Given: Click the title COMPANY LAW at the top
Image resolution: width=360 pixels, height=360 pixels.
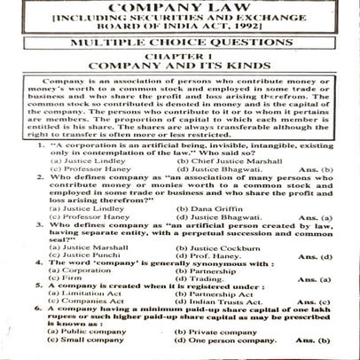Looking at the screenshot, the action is pyautogui.click(x=180, y=9).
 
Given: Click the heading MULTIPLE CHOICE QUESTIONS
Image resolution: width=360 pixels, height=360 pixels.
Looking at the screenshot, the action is pyautogui.click(x=180, y=55).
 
